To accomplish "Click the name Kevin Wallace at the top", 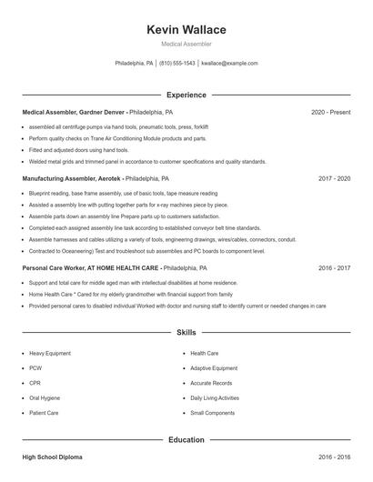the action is pyautogui.click(x=186, y=30).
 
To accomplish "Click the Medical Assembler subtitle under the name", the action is pyautogui.click(x=186, y=44).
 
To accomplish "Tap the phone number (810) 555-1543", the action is pyautogui.click(x=177, y=64).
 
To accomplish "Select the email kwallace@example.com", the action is pyautogui.click(x=229, y=64).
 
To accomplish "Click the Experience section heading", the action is pyautogui.click(x=186, y=95).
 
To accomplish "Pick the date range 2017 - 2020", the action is pyautogui.click(x=334, y=179).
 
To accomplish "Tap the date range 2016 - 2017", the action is pyautogui.click(x=334, y=268).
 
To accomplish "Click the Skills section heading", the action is pyautogui.click(x=186, y=334).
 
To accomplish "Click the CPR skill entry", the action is pyautogui.click(x=36, y=383).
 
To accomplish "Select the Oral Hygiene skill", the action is pyautogui.click(x=45, y=397).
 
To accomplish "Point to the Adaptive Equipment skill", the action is pyautogui.click(x=214, y=368).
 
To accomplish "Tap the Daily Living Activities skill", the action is pyautogui.click(x=215, y=397).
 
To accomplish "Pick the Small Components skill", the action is pyautogui.click(x=211, y=413).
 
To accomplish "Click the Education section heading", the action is pyautogui.click(x=186, y=440).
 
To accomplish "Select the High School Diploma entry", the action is pyautogui.click(x=55, y=456).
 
